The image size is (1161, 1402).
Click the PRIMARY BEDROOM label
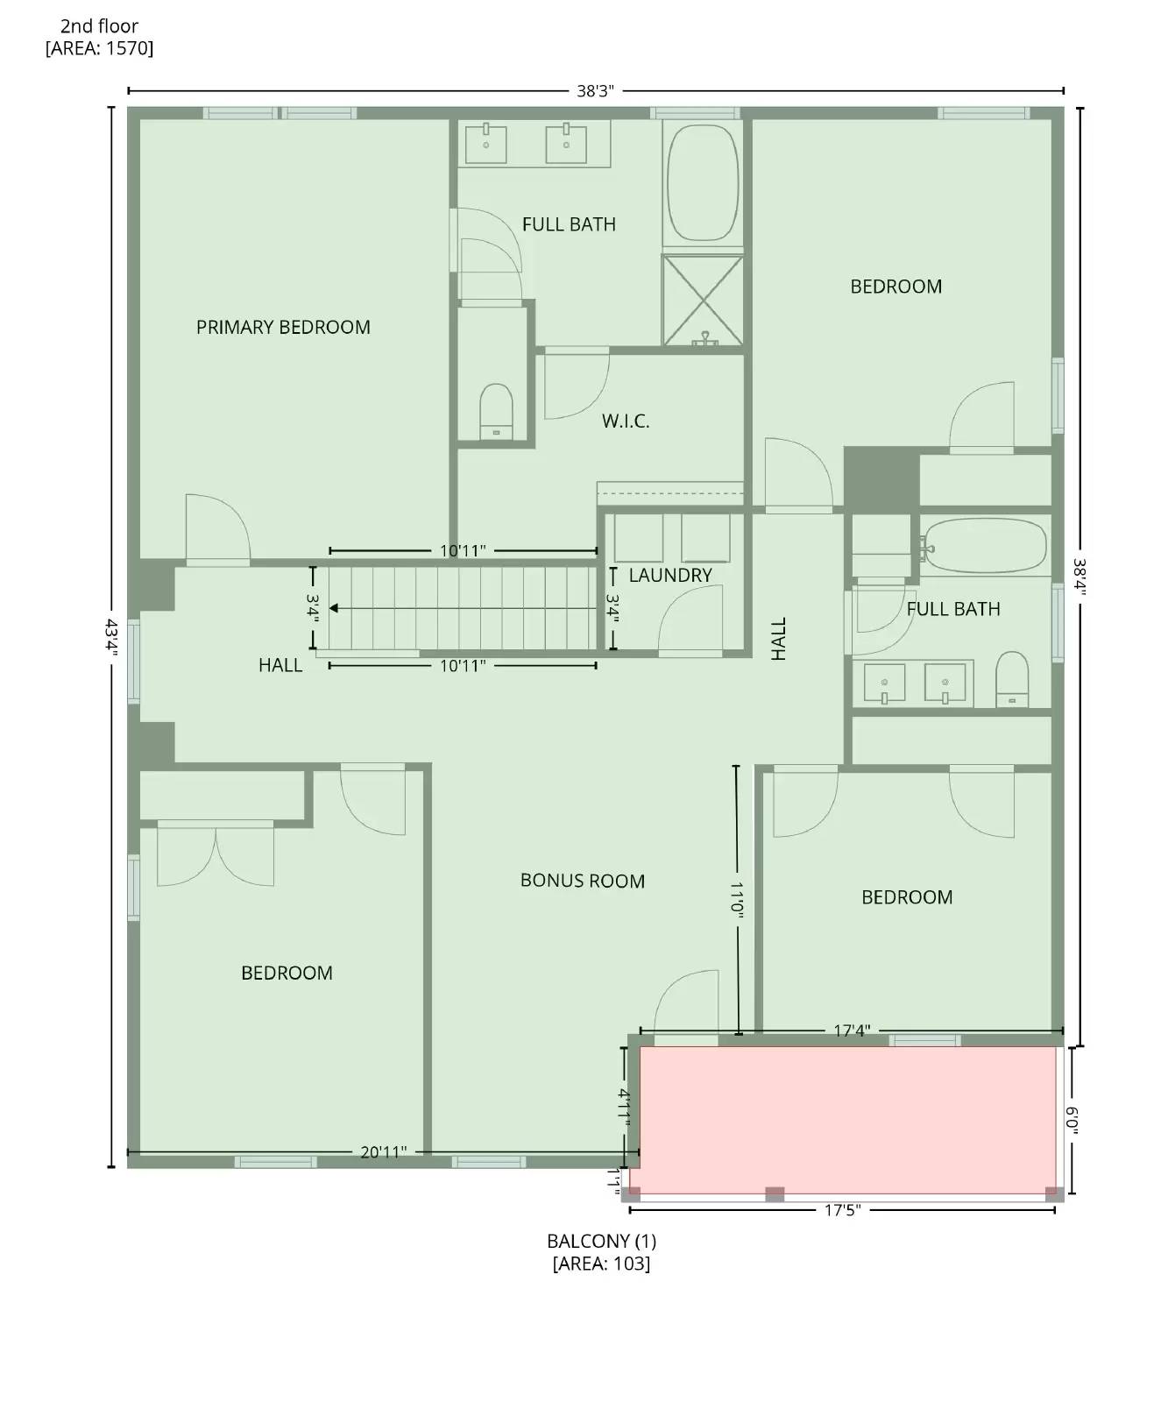[283, 327]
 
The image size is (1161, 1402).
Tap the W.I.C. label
[626, 421]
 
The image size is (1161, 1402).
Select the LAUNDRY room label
[670, 575]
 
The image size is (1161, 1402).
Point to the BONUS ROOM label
[583, 881]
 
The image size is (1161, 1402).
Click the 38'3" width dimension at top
[596, 90]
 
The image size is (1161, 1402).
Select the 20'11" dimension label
[384, 1152]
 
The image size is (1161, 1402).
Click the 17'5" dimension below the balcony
[843, 1210]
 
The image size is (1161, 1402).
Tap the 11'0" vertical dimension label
[737, 900]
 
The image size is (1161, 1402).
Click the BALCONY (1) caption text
[601, 1241]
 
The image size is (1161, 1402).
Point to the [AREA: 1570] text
[99, 48]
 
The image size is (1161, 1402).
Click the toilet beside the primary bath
[496, 410]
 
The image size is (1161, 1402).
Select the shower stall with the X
[704, 300]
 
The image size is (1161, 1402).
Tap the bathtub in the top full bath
[703, 182]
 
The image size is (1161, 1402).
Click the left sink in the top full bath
[485, 144]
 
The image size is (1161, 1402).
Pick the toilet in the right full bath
[1012, 679]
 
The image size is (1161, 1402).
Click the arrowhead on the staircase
[334, 608]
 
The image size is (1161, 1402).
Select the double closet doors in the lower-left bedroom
[216, 854]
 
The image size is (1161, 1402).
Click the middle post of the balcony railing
[775, 1193]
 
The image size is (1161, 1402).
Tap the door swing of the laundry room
[690, 620]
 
